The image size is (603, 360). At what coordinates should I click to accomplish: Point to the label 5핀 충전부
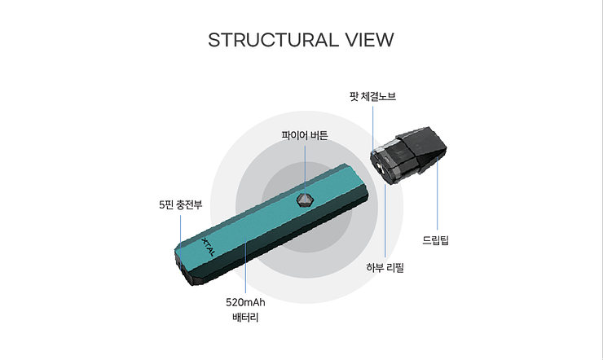pyautogui.click(x=180, y=204)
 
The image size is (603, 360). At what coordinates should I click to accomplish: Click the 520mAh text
pyautogui.click(x=246, y=303)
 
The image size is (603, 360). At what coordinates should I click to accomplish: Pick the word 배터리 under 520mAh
pyautogui.click(x=245, y=318)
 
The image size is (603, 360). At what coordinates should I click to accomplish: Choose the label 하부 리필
pyautogui.click(x=385, y=267)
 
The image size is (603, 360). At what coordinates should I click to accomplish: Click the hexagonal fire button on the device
pyautogui.click(x=304, y=200)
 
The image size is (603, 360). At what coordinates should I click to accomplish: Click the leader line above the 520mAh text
pyautogui.click(x=246, y=269)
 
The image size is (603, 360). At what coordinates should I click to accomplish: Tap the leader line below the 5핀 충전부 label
pyautogui.click(x=180, y=228)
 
